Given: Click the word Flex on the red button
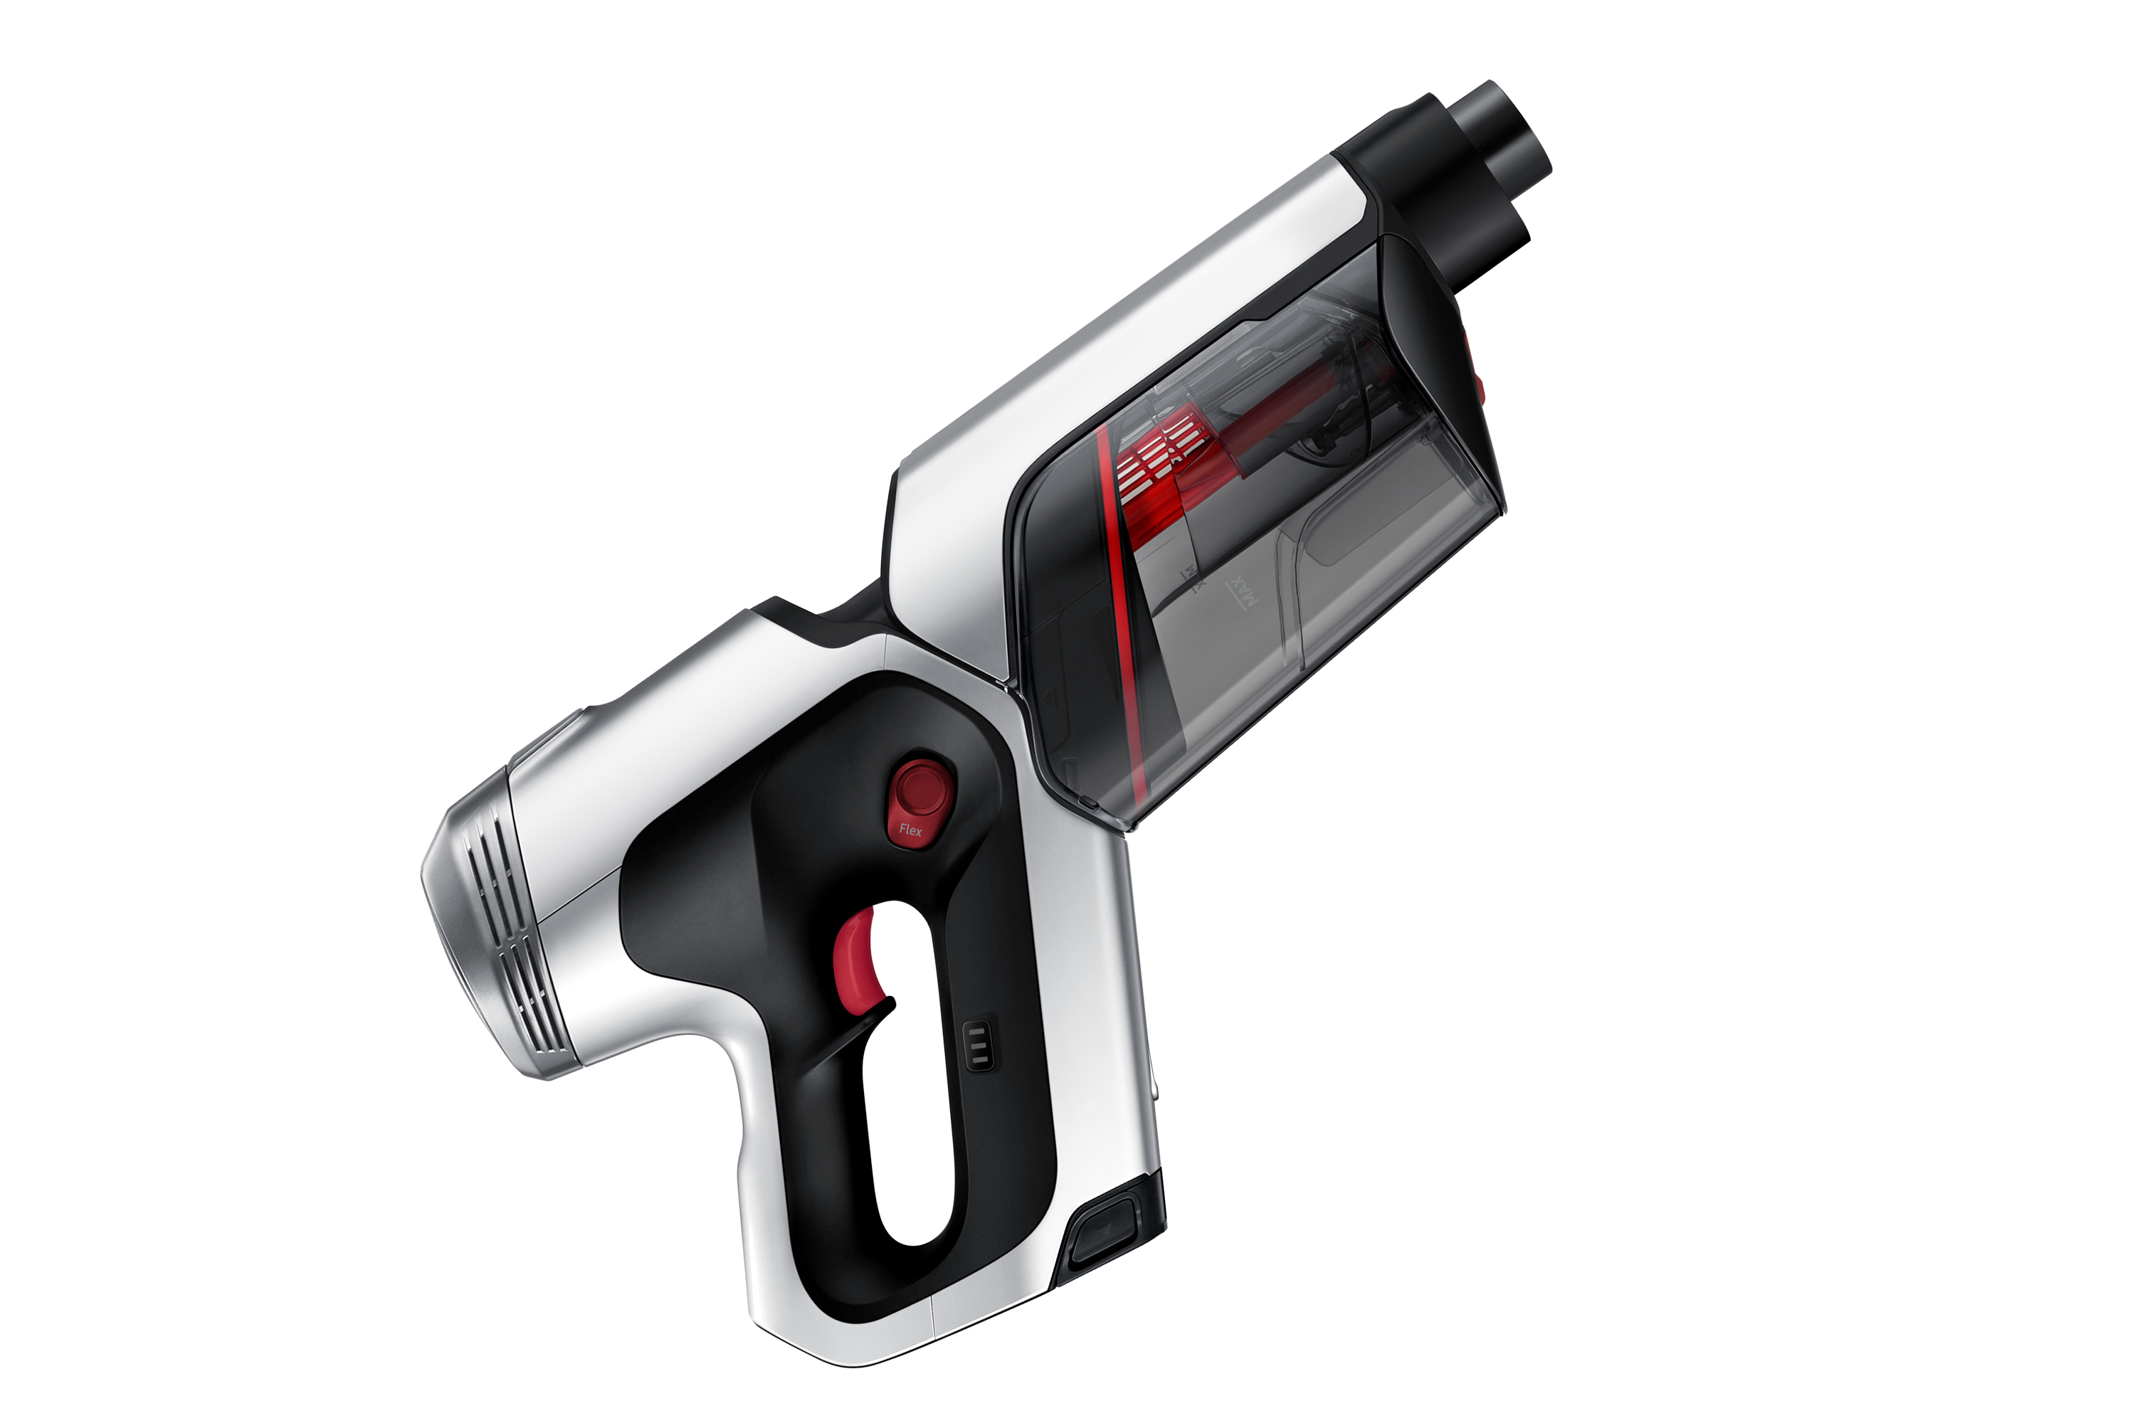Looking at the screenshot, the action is point(910,830).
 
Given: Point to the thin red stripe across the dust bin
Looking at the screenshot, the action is point(1120,617).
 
